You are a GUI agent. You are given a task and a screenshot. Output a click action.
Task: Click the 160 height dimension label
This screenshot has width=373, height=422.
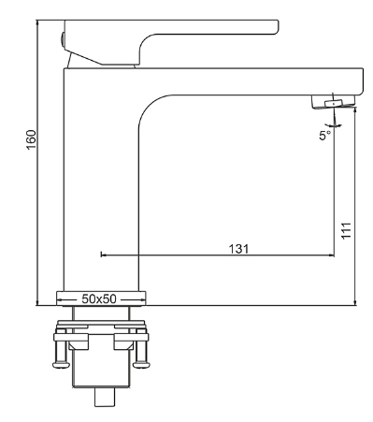(32, 139)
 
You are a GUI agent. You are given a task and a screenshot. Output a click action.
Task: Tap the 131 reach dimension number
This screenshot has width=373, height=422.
(239, 249)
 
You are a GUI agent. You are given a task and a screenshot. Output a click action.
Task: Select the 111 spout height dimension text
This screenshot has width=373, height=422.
(346, 231)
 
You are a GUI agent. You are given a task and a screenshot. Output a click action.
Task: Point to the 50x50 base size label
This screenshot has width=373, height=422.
(99, 299)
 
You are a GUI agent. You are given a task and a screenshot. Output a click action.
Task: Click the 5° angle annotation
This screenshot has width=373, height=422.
(324, 136)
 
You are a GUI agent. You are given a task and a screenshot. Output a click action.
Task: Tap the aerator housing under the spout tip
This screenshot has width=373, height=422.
(334, 102)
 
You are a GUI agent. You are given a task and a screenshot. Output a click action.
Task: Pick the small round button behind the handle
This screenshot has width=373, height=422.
(63, 39)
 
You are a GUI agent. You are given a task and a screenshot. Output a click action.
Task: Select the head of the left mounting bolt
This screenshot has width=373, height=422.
(62, 365)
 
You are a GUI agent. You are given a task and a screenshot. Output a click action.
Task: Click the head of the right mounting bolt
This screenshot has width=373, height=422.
(142, 365)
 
